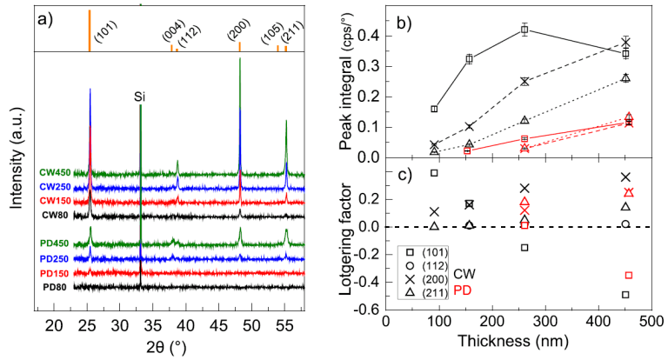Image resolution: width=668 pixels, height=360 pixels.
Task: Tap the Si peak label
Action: (x=140, y=97)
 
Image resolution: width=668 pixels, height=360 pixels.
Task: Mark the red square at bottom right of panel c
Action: (x=628, y=276)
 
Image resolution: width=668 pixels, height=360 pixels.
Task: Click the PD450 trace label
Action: (x=56, y=243)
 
